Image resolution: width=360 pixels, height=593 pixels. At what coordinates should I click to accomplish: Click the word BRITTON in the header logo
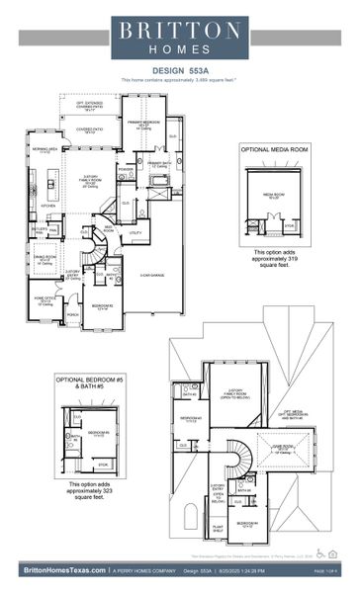click(x=179, y=31)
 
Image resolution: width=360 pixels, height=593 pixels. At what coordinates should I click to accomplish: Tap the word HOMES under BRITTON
click(x=179, y=48)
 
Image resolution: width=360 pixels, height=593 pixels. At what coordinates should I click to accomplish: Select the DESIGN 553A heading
click(x=179, y=71)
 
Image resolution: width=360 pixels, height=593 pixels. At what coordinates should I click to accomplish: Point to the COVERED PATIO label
click(x=90, y=130)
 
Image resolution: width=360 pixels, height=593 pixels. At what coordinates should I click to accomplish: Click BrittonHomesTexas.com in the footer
click(x=60, y=570)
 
